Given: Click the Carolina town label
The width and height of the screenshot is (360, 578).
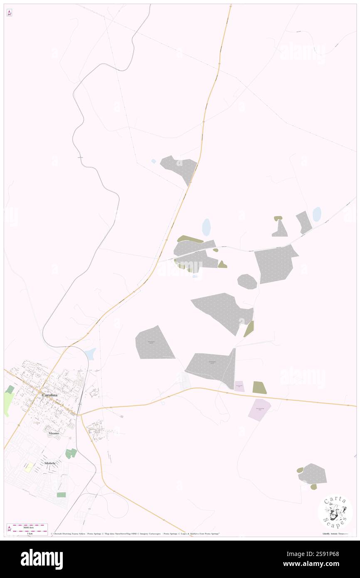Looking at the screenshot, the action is (49, 394).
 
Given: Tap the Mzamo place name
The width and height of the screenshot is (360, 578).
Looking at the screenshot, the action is (53, 433).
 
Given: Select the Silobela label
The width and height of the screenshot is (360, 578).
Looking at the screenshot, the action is (50, 463).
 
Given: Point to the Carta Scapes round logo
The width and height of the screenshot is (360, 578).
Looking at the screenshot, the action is (335, 512).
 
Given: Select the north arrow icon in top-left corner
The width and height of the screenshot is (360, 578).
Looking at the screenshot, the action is (9, 13).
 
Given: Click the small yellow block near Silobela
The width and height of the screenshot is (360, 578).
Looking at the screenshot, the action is (29, 467).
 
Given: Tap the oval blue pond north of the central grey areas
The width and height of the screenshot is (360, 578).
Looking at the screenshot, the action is (206, 227).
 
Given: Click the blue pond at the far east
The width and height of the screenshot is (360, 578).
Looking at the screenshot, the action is (317, 214).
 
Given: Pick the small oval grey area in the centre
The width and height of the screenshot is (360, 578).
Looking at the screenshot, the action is (247, 282).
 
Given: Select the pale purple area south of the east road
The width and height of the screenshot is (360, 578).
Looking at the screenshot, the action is (259, 409).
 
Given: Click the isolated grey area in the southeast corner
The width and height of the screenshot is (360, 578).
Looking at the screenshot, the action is (313, 474).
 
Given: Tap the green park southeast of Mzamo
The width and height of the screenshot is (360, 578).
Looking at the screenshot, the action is (71, 454).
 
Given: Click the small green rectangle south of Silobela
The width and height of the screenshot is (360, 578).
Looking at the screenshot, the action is (61, 495).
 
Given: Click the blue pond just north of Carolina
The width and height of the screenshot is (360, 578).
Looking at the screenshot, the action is (90, 354).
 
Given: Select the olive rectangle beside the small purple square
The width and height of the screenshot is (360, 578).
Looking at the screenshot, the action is (259, 388).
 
